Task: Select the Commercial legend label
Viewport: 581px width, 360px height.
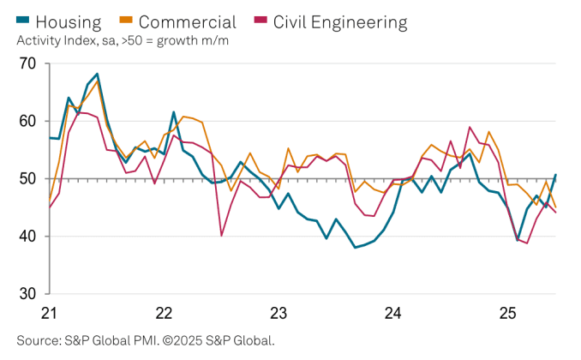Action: pos(187,21)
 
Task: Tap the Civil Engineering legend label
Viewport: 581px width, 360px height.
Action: pos(340,21)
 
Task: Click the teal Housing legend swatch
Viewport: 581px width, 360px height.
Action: pos(25,21)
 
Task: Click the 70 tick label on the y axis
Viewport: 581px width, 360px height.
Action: pos(28,63)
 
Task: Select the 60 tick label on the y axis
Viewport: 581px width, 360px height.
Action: pos(28,121)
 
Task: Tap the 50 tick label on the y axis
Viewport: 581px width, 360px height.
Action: pos(28,179)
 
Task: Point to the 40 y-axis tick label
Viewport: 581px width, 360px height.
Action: pos(28,237)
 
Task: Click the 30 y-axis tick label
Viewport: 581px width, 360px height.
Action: pos(28,294)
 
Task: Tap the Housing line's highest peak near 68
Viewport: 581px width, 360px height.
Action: pos(97,75)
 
